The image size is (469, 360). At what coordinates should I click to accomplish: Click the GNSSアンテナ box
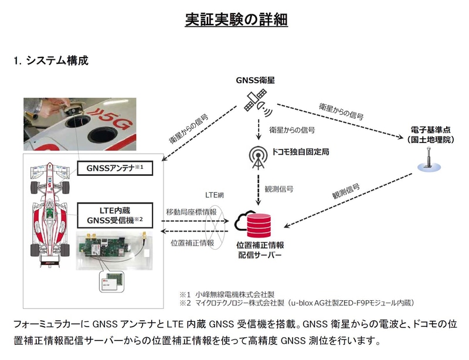pyautogui.click(x=111, y=168)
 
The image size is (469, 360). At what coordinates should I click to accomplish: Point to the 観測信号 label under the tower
pyautogui.click(x=280, y=189)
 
